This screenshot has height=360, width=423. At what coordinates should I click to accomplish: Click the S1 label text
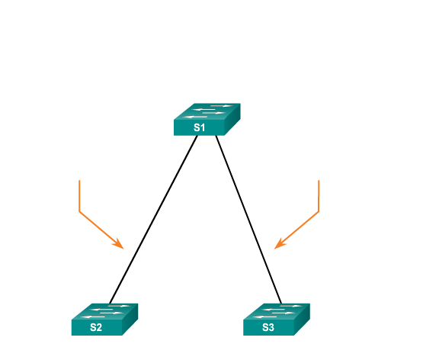[200, 127]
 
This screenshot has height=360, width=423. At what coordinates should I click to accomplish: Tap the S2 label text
[96, 327]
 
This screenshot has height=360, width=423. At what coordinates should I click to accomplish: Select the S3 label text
[268, 327]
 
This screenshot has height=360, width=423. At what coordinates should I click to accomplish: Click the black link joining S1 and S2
[153, 220]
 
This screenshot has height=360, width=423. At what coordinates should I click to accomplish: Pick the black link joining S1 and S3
[248, 220]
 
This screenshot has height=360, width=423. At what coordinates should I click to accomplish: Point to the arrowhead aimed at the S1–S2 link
[119, 244]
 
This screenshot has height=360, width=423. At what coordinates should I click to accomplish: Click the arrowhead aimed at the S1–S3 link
[279, 244]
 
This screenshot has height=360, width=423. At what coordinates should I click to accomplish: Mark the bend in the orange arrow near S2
[79, 211]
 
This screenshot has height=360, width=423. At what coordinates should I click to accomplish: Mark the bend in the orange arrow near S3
[319, 211]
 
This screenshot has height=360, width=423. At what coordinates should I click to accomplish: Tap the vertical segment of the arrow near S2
[79, 196]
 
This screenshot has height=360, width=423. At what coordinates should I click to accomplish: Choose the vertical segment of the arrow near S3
[319, 196]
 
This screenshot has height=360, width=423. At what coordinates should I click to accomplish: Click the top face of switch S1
[207, 111]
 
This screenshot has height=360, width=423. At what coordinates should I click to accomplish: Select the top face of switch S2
[104, 312]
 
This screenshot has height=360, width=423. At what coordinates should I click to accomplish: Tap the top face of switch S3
[277, 312]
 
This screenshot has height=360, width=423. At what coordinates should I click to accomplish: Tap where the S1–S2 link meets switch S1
[197, 136]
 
